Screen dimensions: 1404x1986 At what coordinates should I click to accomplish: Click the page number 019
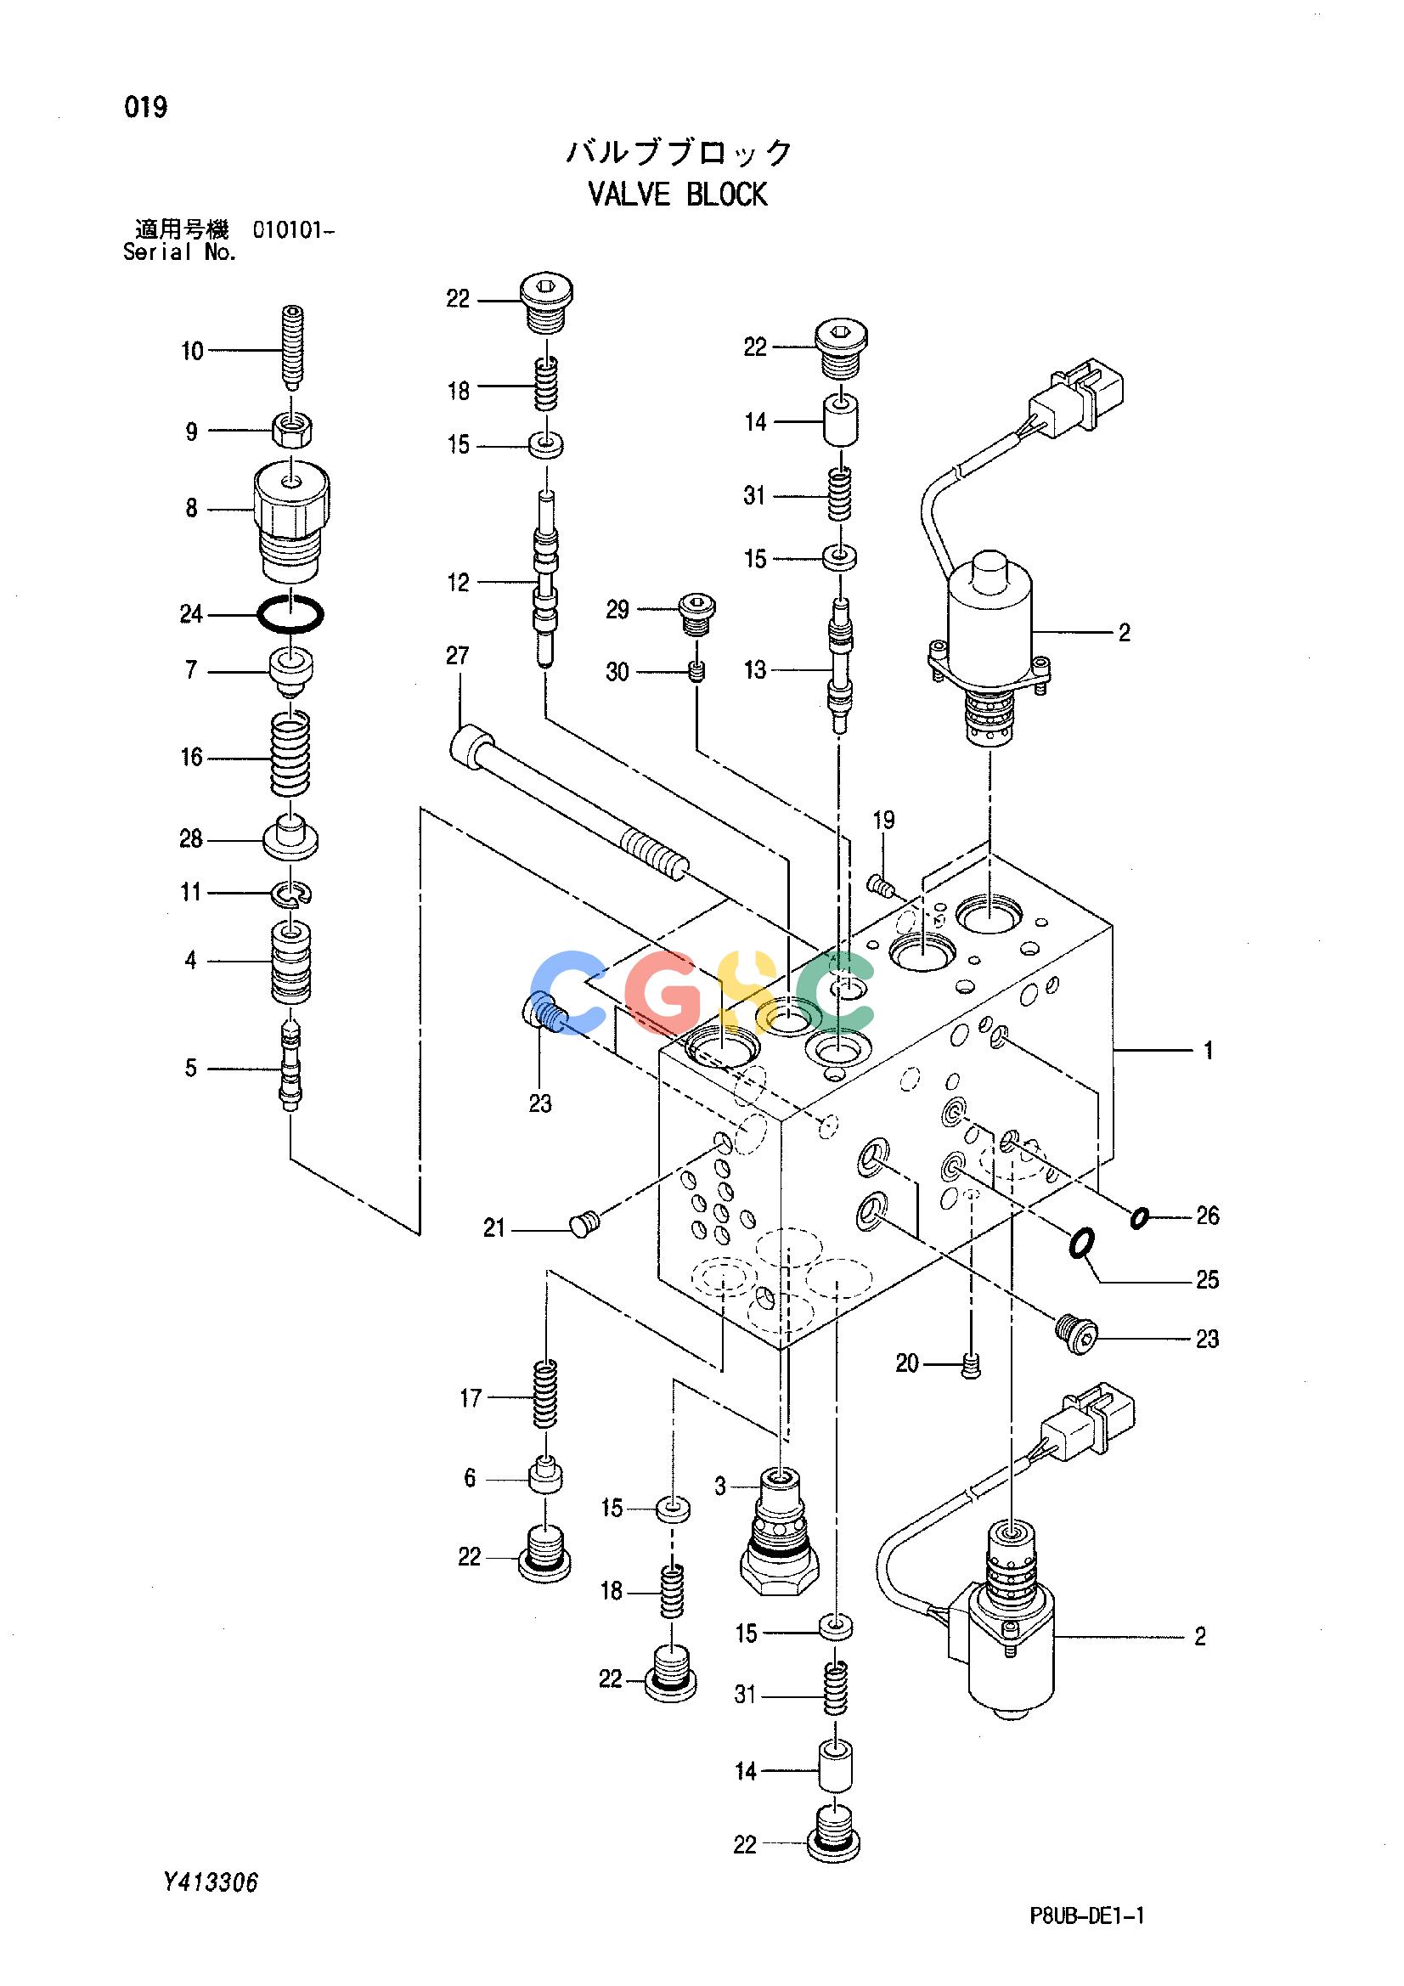coord(146,108)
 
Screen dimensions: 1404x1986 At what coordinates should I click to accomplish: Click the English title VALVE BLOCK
coord(677,195)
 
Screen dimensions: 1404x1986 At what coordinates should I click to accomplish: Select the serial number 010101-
coord(293,230)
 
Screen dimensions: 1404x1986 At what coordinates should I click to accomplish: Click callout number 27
coord(458,656)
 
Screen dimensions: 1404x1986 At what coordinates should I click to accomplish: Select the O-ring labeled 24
coord(290,615)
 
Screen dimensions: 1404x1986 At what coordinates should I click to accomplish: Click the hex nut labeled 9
coord(292,430)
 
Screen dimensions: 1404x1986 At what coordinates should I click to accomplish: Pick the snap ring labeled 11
coord(292,894)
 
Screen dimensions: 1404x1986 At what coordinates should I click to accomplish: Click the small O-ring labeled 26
coord(1139,1218)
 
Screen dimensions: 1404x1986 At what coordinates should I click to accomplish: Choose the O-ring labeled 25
coord(1080,1244)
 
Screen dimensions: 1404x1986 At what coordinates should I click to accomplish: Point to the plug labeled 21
coord(584,1223)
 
